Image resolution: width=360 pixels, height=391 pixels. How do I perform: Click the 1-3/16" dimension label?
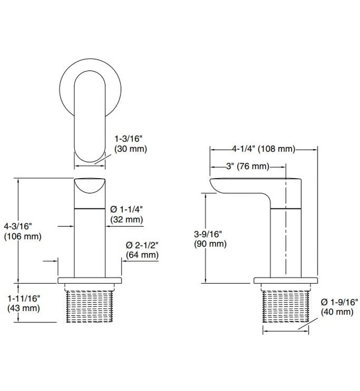pyautogui.click(x=129, y=138)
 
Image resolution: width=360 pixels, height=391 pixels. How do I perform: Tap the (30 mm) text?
pyautogui.click(x=129, y=149)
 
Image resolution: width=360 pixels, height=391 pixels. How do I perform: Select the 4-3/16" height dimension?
pyautogui.click(x=18, y=226)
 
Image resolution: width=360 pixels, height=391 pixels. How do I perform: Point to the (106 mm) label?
pyautogui.click(x=22, y=236)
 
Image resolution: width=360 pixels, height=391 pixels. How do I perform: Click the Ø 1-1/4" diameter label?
pyautogui.click(x=127, y=209)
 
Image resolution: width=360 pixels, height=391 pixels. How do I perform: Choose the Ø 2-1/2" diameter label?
pyautogui.click(x=141, y=246)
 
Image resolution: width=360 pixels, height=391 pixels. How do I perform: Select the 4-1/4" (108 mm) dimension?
pyautogui.click(x=263, y=149)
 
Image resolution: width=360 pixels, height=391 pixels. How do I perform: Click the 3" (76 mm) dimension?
pyautogui.click(x=248, y=166)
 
